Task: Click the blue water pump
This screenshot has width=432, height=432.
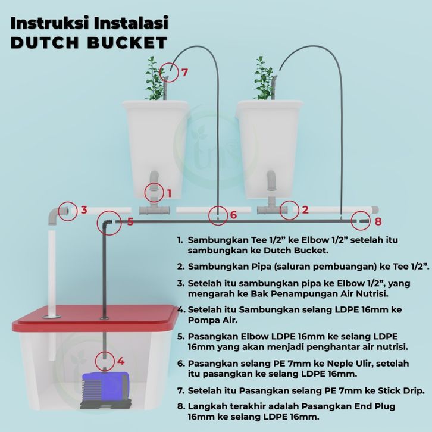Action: [105, 390]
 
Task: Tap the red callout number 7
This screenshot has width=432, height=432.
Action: [184, 72]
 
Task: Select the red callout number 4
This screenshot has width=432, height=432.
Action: [121, 361]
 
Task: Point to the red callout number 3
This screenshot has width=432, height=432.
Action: [84, 209]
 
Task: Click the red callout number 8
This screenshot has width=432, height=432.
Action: [378, 221]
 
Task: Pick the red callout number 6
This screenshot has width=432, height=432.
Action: [233, 215]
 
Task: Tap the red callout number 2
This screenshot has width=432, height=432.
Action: [305, 209]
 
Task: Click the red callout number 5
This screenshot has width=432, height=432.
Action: [130, 221]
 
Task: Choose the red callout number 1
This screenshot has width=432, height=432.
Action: [170, 193]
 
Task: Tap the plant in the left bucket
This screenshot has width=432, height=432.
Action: [155, 79]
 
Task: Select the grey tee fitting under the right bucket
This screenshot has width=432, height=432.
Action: [271, 207]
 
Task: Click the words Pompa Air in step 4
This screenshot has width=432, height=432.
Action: [212, 320]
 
